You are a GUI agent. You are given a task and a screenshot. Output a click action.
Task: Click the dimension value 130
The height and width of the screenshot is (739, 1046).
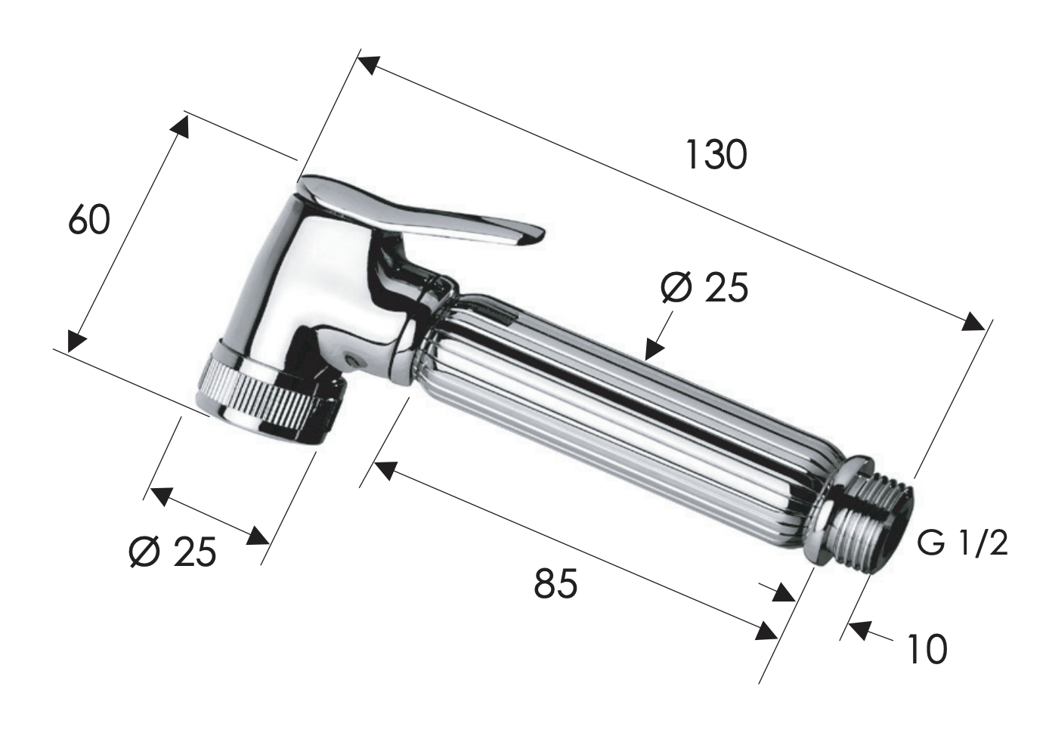(x=716, y=155)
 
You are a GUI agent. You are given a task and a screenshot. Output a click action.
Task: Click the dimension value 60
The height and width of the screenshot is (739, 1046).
(x=89, y=221)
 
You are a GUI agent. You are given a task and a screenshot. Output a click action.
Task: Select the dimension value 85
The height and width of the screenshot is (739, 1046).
(x=555, y=583)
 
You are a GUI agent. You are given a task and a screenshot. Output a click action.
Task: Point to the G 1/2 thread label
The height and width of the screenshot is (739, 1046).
(x=963, y=543)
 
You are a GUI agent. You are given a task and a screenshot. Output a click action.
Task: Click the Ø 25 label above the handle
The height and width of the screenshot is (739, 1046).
(x=704, y=287)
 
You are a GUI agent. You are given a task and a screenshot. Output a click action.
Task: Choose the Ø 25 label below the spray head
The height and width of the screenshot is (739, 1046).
(x=172, y=552)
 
